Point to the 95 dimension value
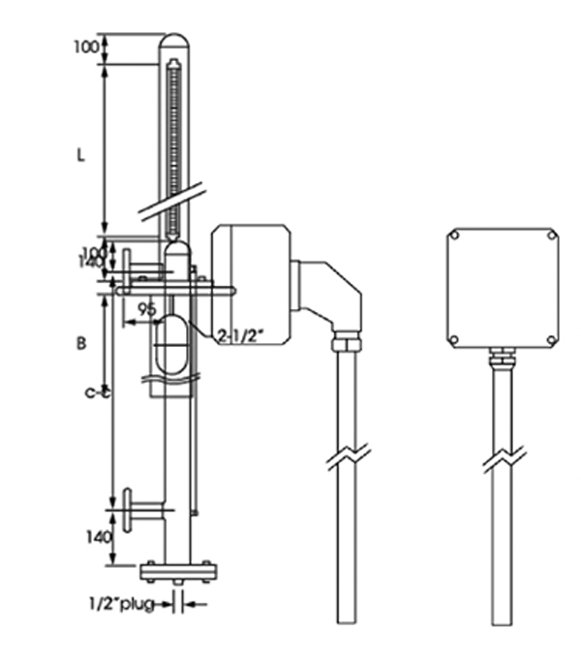146,310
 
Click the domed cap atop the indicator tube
174,46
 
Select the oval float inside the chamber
174,341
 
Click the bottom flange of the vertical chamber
175,570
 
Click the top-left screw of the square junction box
453,235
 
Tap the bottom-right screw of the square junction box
551,339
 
